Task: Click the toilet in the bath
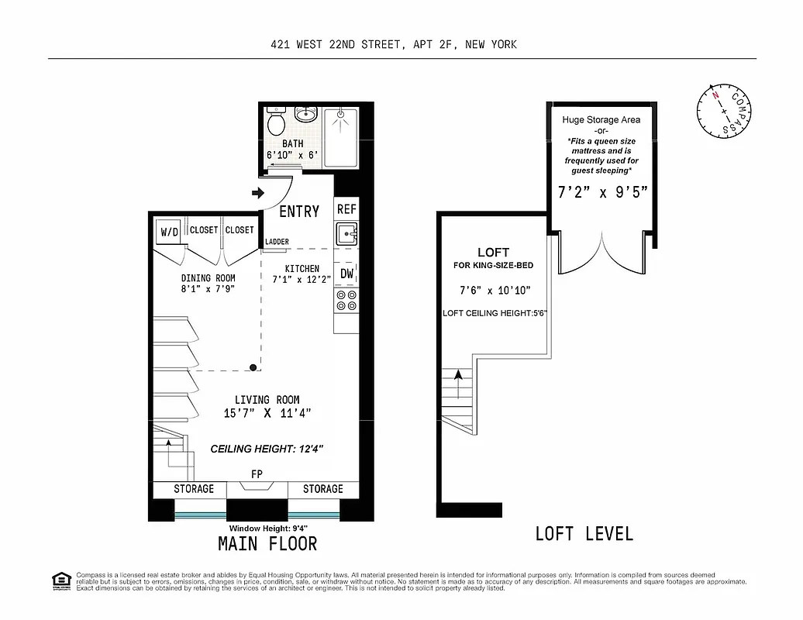pyautogui.click(x=275, y=122)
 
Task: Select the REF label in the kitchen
pyautogui.click(x=346, y=209)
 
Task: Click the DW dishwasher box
pyautogui.click(x=346, y=273)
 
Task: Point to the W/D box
pyautogui.click(x=169, y=232)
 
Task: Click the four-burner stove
pyautogui.click(x=346, y=301)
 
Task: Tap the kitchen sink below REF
pyautogui.click(x=346, y=233)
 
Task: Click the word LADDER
pyautogui.click(x=277, y=242)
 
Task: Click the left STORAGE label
pyautogui.click(x=193, y=489)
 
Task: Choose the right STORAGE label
pyautogui.click(x=322, y=489)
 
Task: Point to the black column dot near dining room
pyautogui.click(x=253, y=367)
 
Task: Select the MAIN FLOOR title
pyautogui.click(x=267, y=543)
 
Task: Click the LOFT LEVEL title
pyautogui.click(x=584, y=533)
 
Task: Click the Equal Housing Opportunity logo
pyautogui.click(x=60, y=580)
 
